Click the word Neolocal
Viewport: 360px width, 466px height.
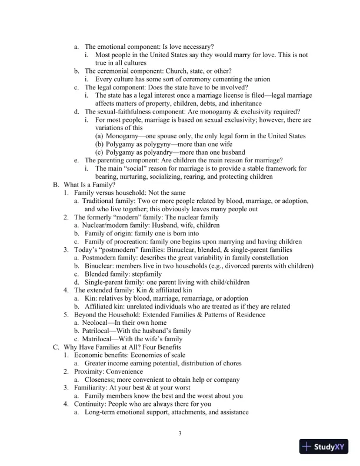(98, 323)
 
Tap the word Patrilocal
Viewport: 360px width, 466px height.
(99, 331)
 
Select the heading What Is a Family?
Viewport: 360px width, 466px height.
(91, 184)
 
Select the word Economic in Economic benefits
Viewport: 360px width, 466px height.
(90, 355)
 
